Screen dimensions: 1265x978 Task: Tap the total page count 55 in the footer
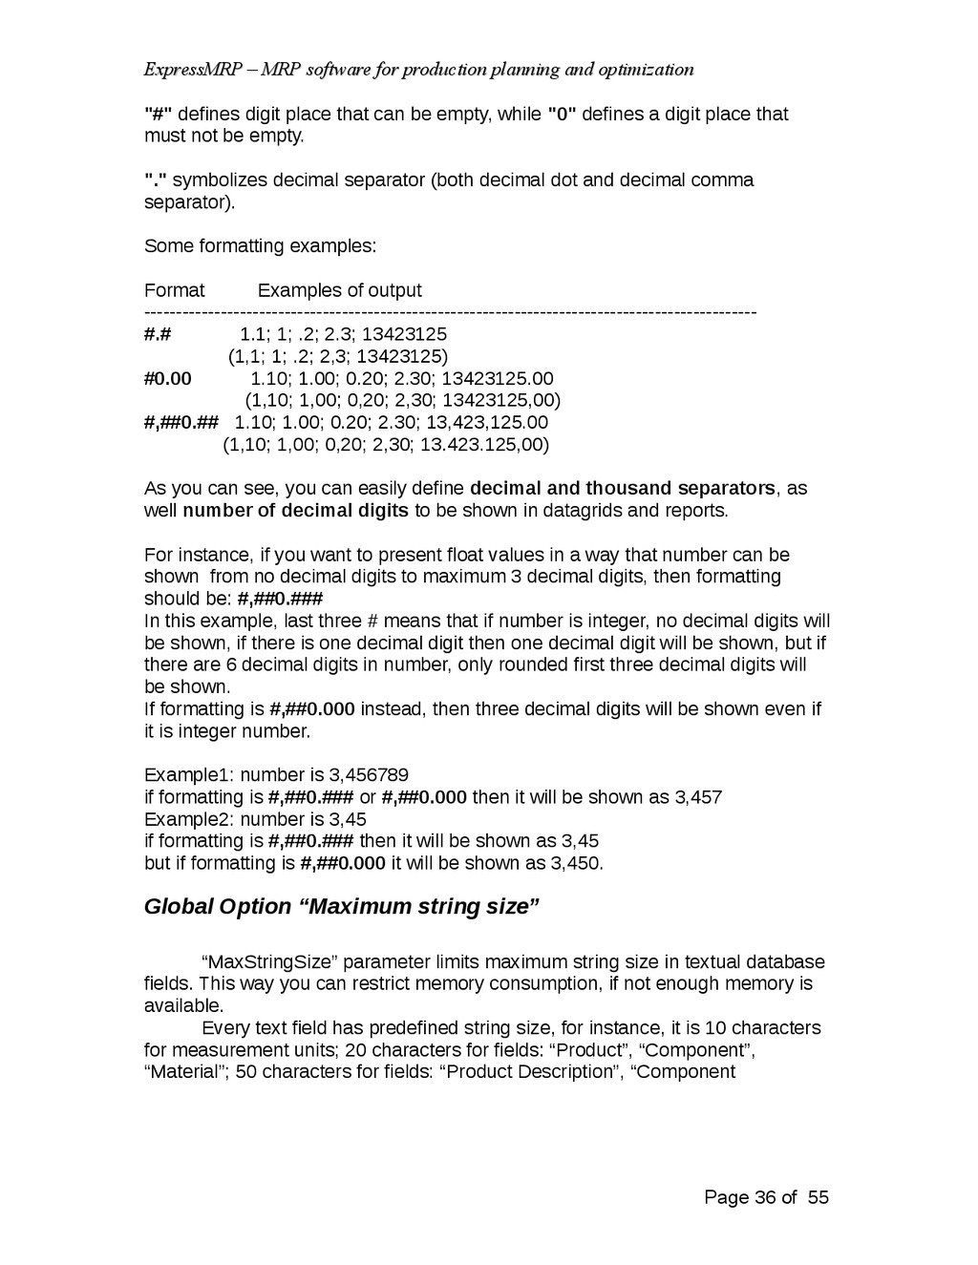pos(818,1197)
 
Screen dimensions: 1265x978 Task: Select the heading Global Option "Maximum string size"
pos(342,906)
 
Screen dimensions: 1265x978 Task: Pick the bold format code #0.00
pos(168,378)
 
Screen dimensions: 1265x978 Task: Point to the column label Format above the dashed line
pos(174,290)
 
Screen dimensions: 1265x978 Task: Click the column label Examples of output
pos(339,290)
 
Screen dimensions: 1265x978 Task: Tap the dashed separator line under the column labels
pos(449,312)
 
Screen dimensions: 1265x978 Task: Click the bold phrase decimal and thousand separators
pos(623,488)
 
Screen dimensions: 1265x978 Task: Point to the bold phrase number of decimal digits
pos(295,510)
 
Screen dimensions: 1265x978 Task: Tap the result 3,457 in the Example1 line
pos(698,797)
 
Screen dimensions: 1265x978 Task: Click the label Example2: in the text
pos(189,819)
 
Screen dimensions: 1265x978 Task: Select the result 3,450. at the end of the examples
pos(577,863)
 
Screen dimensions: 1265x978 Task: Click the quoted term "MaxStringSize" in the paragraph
pos(268,961)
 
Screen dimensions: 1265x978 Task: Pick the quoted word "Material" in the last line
pos(183,1071)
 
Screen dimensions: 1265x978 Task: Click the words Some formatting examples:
pos(260,246)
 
